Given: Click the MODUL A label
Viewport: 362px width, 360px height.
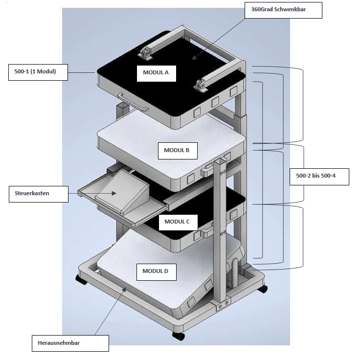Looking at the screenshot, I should tap(156, 72).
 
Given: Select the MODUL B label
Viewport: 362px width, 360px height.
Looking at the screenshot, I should tap(177, 151).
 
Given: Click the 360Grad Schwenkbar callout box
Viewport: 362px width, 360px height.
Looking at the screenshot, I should tap(283, 10).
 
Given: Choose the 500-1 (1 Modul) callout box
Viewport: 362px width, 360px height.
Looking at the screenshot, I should tap(37, 72).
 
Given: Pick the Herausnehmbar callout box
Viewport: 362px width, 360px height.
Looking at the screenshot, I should tap(69, 343).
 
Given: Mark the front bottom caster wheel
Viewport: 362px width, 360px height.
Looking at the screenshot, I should tap(179, 337).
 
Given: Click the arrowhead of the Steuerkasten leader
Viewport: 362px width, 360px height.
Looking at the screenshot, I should tap(115, 193).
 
